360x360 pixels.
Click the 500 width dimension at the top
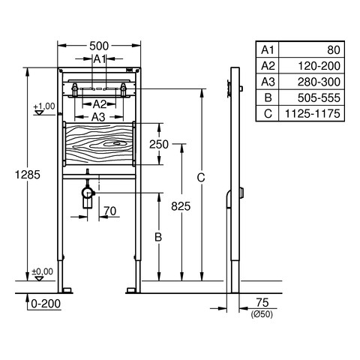[x=99, y=46]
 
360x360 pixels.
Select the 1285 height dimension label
[x=28, y=175]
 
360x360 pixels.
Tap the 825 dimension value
[x=181, y=206]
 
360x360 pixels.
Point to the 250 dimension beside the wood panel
[x=159, y=144]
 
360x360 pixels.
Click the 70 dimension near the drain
[x=110, y=211]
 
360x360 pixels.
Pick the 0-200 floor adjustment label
[x=46, y=304]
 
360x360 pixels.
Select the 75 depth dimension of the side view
[x=262, y=302]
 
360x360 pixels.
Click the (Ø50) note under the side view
[x=262, y=314]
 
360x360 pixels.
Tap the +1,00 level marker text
[x=44, y=106]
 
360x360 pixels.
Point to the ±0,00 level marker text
[x=43, y=271]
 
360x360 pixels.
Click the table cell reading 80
[x=334, y=50]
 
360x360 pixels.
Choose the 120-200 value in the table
[x=319, y=66]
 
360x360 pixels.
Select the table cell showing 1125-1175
[x=313, y=113]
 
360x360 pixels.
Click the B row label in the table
[x=268, y=97]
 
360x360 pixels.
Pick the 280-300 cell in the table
[x=319, y=82]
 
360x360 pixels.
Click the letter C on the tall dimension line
[x=201, y=178]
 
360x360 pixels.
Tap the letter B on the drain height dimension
[x=158, y=237]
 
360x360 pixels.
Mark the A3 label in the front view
[x=98, y=117]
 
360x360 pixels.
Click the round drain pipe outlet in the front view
[x=87, y=193]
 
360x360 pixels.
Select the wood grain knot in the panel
[x=115, y=143]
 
